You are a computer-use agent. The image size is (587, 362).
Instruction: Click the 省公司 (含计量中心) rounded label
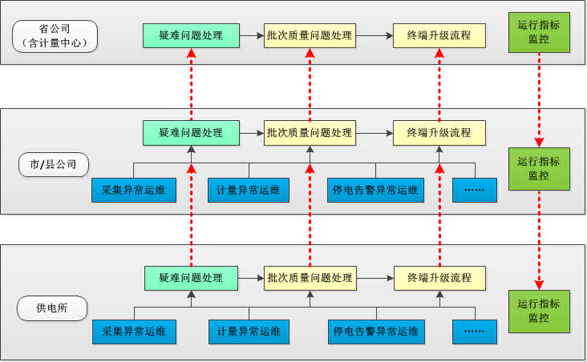[x=55, y=36]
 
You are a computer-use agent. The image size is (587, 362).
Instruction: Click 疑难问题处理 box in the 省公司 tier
[x=190, y=36]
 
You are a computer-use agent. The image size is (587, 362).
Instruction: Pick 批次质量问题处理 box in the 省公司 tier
[x=310, y=36]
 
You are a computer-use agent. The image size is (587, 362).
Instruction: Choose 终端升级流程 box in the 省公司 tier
[x=439, y=36]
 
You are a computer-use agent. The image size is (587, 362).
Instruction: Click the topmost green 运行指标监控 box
[x=539, y=33]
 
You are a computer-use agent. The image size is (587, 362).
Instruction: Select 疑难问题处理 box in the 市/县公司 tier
[x=190, y=133]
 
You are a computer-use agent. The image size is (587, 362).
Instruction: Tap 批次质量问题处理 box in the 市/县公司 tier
[x=310, y=133]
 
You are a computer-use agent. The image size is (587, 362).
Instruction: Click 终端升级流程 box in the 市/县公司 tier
[x=439, y=133]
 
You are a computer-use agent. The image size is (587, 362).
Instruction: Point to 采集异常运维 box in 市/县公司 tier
[x=134, y=190]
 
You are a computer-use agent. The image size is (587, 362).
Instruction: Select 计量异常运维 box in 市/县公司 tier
[x=249, y=190]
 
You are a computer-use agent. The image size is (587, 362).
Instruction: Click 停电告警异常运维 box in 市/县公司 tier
[x=376, y=190]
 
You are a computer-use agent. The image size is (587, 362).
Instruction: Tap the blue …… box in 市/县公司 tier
[x=474, y=190]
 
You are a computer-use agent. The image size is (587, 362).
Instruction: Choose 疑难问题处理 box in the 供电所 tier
[x=191, y=278]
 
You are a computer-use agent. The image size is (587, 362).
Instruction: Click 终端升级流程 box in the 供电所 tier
[x=440, y=278]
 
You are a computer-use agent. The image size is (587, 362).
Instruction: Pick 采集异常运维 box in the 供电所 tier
[x=134, y=331]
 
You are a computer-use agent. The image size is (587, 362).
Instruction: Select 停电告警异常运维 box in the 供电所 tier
[x=376, y=331]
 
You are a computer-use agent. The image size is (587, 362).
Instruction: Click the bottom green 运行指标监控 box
[x=539, y=311]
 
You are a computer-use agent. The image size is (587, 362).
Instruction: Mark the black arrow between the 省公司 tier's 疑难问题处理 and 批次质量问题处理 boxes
[x=251, y=36]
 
